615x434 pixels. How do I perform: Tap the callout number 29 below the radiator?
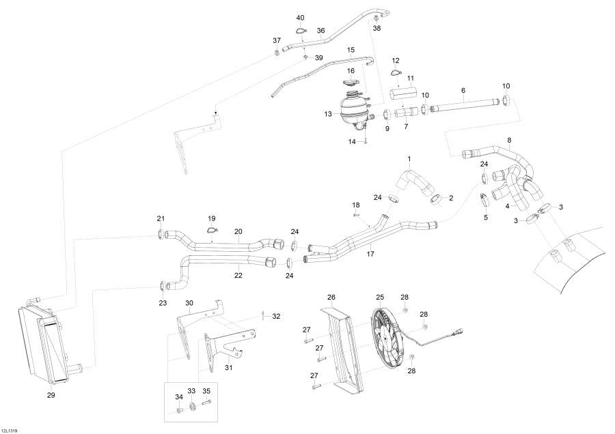(51, 395)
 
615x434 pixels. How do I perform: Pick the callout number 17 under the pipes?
(370, 254)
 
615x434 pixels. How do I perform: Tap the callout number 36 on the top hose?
(321, 31)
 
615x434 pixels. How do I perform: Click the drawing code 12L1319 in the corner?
(10, 431)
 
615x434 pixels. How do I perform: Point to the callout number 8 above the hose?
(509, 140)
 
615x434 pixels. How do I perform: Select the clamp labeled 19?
(212, 231)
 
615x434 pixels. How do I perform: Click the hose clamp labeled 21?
(161, 235)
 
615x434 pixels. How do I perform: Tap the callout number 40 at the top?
(300, 18)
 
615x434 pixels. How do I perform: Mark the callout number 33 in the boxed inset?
(191, 391)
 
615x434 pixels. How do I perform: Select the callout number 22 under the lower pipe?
(238, 276)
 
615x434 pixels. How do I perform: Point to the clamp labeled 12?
(396, 72)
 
